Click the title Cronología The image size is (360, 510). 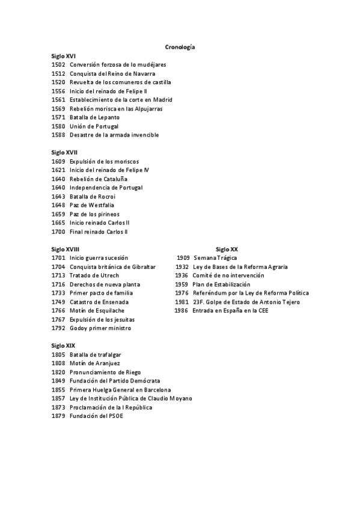[x=180, y=46]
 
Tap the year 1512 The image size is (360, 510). [x=58, y=73]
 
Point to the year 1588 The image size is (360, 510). [x=58, y=135]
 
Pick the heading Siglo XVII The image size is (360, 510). [x=64, y=152]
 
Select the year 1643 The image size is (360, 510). [x=58, y=197]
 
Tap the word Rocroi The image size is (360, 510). [x=103, y=197]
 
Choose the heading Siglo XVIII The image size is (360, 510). [x=66, y=249]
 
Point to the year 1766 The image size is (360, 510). [x=58, y=311]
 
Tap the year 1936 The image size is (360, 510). [x=182, y=275]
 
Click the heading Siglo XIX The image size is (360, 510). [x=63, y=346]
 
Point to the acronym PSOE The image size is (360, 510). [x=115, y=416]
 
